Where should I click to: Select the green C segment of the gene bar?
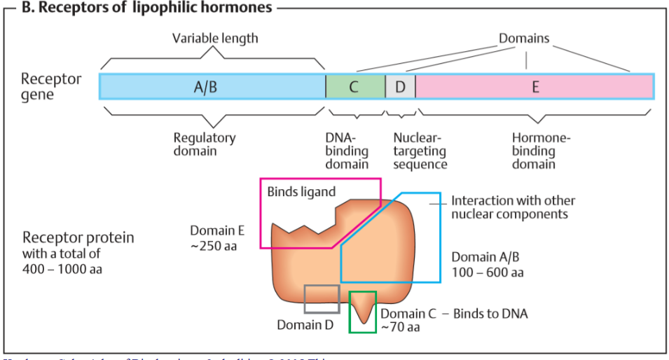[355, 86]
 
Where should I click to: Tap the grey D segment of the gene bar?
[400, 86]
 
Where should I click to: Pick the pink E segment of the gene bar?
[534, 86]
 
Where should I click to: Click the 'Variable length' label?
[215, 38]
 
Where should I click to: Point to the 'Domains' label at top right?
[524, 38]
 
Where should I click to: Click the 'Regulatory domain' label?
[205, 144]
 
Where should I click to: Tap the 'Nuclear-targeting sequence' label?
[420, 151]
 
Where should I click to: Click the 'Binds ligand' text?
[301, 191]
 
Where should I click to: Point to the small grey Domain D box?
[322, 298]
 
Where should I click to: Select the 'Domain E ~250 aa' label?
[217, 238]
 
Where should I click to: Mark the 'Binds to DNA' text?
[490, 313]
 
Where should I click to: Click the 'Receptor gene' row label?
[50, 86]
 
